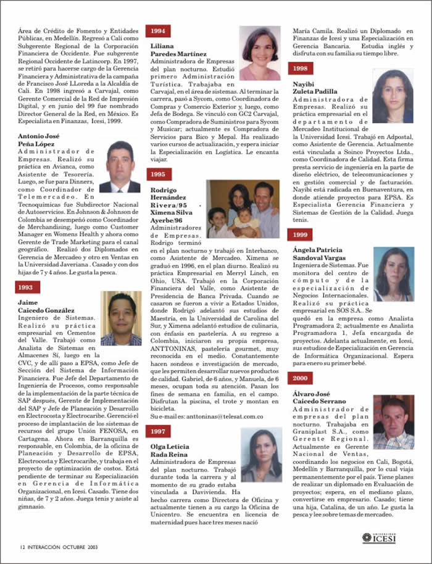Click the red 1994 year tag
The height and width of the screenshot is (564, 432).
[158, 31]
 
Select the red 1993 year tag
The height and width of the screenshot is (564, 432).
[28, 286]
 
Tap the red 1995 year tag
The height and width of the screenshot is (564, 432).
[158, 174]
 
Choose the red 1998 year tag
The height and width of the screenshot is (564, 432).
[300, 68]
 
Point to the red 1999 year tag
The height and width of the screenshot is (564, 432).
[300, 234]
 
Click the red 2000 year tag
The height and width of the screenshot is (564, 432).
[300, 378]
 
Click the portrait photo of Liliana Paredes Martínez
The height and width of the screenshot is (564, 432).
[260, 53]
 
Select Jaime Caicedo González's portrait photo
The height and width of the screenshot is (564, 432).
[121, 318]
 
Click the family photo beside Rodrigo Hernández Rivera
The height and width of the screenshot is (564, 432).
[243, 209]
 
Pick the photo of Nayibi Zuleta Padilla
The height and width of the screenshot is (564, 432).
[393, 96]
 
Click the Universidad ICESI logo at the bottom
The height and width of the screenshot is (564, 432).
[379, 538]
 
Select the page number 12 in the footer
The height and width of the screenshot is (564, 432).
[22, 546]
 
